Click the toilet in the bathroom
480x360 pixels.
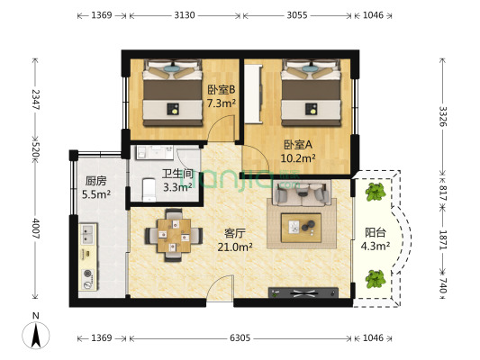[x=149, y=190]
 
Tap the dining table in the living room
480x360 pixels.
[x=174, y=235]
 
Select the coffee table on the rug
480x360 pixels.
[x=301, y=228]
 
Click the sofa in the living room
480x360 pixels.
[x=303, y=193]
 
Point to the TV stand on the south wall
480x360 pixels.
[x=303, y=292]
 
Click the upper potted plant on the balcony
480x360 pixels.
[x=376, y=192]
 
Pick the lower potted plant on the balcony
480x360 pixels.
[x=376, y=279]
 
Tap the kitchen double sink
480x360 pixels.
[x=87, y=234]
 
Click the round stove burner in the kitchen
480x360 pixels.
[x=88, y=274]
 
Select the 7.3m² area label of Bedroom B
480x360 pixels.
[x=222, y=103]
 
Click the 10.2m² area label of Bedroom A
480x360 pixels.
[x=298, y=158]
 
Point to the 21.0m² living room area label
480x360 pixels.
[x=235, y=247]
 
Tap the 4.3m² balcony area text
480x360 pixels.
[x=376, y=246]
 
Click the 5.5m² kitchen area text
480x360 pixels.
[x=96, y=194]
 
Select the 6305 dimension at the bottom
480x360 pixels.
[x=240, y=338]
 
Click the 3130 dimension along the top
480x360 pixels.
[x=185, y=15]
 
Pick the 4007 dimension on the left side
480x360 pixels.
[x=36, y=229]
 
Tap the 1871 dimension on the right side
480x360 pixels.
[x=443, y=240]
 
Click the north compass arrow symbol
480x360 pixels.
[x=36, y=336]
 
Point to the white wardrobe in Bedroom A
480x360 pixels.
[x=253, y=94]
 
